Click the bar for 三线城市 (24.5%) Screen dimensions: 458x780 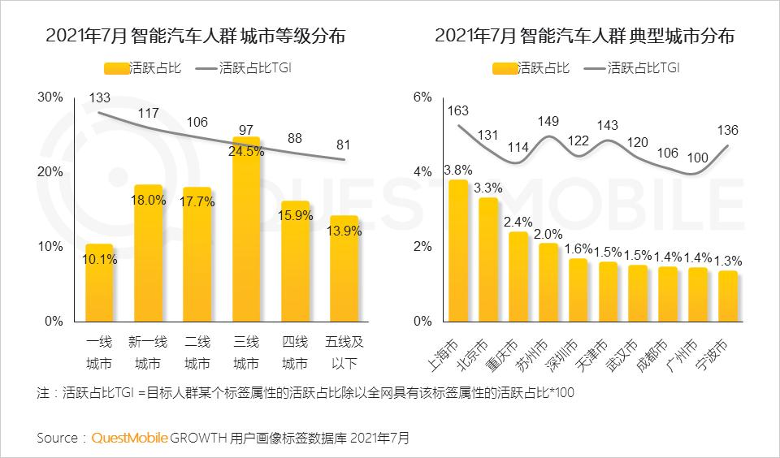(246, 235)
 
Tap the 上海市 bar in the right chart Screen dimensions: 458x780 (458, 252)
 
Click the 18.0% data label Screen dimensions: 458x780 (149, 201)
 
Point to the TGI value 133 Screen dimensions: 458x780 (99, 98)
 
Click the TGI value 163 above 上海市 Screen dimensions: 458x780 (457, 110)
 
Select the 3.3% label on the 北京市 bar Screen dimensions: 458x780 (488, 188)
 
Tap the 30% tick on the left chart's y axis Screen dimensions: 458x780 (50, 97)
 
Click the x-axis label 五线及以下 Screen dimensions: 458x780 (344, 352)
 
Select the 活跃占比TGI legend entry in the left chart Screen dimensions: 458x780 (244, 68)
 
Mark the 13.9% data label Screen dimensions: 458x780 (343, 231)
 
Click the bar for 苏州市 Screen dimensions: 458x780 (548, 283)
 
